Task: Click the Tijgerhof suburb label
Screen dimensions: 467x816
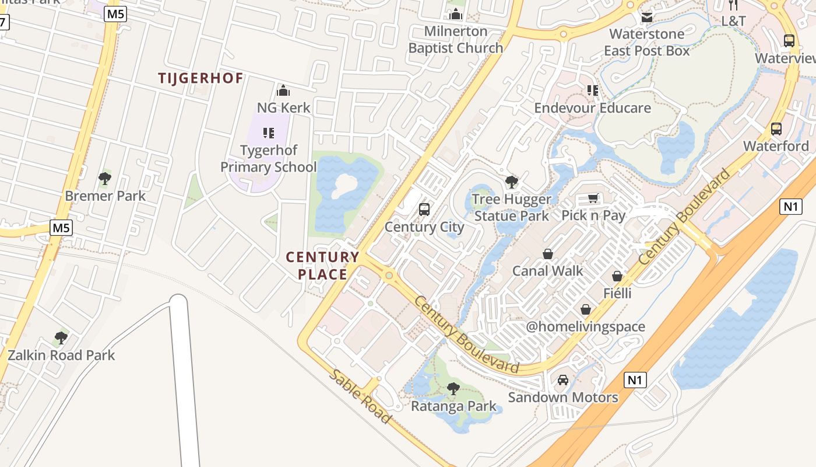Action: (x=201, y=78)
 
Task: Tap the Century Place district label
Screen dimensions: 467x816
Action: (x=322, y=266)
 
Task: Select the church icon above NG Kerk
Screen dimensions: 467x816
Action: (x=283, y=90)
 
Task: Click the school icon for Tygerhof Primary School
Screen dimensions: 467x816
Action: (x=268, y=133)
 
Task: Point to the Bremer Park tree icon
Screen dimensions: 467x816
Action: (x=105, y=179)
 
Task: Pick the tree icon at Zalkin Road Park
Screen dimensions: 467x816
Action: (x=61, y=338)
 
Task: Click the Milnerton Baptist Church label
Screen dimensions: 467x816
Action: (x=455, y=40)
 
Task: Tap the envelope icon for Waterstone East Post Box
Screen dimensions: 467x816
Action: (x=646, y=17)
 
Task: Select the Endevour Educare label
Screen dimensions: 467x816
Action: (x=593, y=108)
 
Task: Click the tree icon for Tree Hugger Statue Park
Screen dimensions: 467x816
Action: (x=512, y=182)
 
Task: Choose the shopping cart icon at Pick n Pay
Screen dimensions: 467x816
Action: (x=593, y=198)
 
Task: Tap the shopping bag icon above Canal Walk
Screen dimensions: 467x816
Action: (x=548, y=254)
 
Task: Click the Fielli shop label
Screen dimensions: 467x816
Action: (x=617, y=293)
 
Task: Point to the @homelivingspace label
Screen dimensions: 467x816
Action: (x=585, y=326)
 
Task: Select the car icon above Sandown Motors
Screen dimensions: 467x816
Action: (x=562, y=380)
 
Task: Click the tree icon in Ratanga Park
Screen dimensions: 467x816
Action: (x=453, y=388)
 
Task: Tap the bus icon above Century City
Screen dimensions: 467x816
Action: (x=424, y=210)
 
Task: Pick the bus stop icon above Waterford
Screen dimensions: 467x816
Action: (x=776, y=129)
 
